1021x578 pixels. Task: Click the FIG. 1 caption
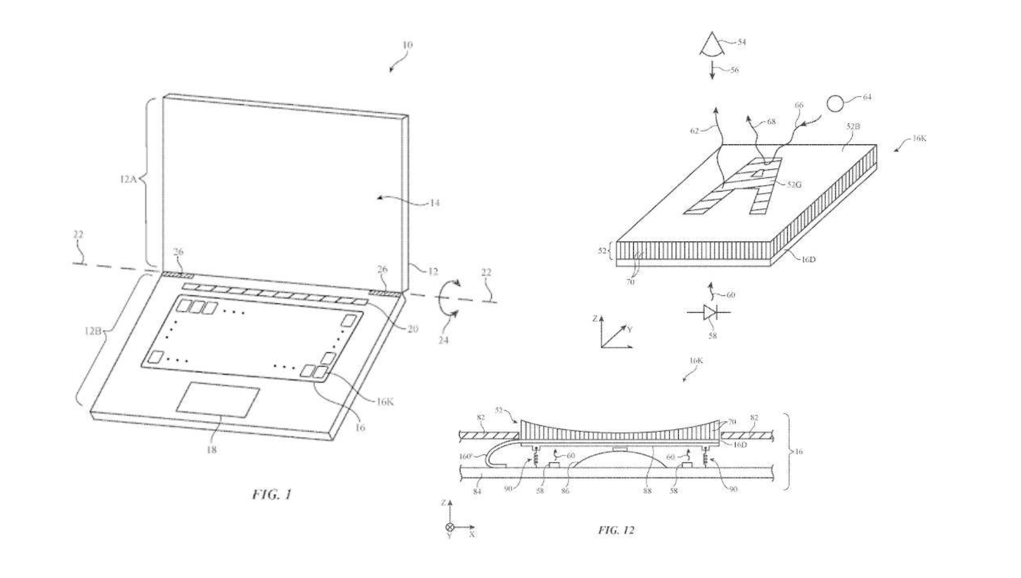(x=272, y=494)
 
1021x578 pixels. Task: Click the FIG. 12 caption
(x=616, y=530)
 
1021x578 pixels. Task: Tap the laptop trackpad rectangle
(x=218, y=399)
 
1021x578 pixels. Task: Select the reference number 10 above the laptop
(x=407, y=45)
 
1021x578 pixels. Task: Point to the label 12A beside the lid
(x=128, y=179)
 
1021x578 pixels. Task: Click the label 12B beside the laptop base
(x=93, y=331)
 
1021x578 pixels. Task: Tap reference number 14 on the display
(x=434, y=203)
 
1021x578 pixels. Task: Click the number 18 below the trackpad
(x=211, y=450)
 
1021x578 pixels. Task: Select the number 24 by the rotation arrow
(x=443, y=340)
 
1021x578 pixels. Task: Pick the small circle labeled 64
(x=835, y=104)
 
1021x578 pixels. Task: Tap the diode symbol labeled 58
(x=710, y=313)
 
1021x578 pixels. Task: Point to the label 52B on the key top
(x=853, y=127)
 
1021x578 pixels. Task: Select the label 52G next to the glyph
(x=794, y=185)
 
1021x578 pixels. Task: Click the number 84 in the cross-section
(x=476, y=491)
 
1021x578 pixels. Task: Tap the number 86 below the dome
(x=565, y=491)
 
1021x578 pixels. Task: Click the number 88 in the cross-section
(x=647, y=491)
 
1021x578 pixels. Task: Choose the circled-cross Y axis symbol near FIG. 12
(x=450, y=528)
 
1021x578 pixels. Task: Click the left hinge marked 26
(x=178, y=275)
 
